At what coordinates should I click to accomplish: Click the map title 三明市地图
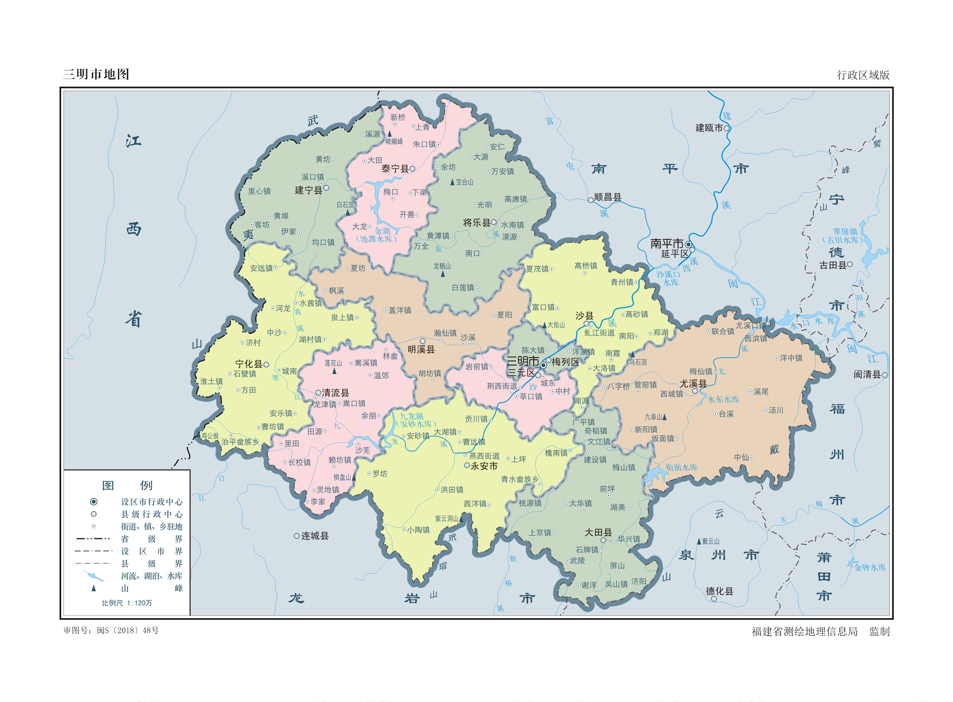96,74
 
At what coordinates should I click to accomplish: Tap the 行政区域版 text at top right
863,75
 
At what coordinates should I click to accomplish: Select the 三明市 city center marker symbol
543,365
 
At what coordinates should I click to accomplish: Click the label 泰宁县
394,169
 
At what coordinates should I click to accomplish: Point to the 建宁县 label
308,191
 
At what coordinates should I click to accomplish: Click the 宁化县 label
249,364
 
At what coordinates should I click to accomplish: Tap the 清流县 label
336,393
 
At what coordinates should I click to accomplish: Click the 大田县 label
598,532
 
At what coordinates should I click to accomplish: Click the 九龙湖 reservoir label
411,416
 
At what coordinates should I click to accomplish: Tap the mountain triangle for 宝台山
452,182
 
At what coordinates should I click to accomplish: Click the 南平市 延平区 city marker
688,245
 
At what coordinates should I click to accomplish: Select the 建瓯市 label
709,128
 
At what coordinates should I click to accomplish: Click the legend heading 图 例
127,485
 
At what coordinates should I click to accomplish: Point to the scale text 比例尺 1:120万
127,603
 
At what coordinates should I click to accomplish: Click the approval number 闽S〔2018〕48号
127,631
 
